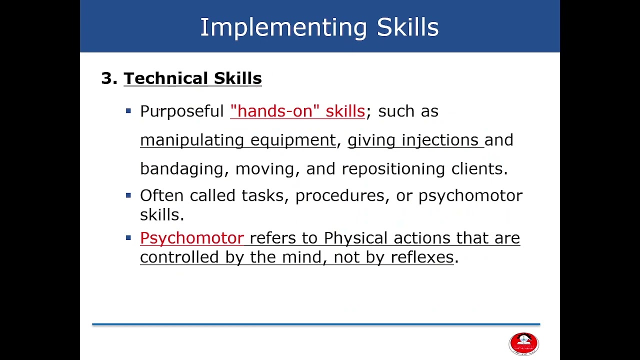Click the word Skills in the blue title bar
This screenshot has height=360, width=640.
pos(407,27)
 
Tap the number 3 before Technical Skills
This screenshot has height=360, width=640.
pos(106,78)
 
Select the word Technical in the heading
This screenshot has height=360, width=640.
pos(166,78)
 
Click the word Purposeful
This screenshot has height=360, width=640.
pos(181,111)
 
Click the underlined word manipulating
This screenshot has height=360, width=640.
pos(192,140)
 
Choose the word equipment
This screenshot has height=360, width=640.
pos(293,140)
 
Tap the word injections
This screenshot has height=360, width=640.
pos(440,140)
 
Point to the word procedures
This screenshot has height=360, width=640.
pos(340,195)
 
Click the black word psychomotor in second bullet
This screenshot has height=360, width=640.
pos(470,195)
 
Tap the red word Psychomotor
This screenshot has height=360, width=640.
pos(191,238)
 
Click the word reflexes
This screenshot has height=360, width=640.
pos(421,257)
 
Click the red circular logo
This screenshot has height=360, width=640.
pos(523,343)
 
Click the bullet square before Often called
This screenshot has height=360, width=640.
pos(128,195)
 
